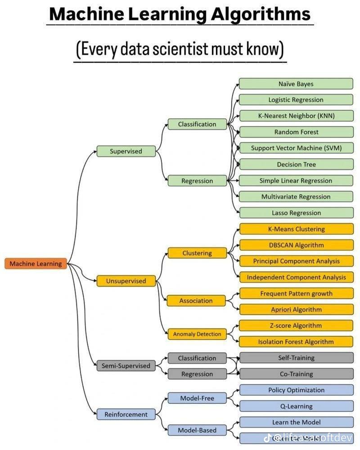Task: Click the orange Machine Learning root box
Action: [36, 264]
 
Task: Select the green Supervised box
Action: [126, 151]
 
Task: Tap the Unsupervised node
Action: [126, 281]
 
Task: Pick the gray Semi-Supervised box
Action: [126, 366]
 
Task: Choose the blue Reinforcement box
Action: [126, 414]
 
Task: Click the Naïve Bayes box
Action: [296, 84]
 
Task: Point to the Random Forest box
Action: [296, 132]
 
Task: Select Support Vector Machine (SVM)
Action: [296, 148]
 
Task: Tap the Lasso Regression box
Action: [296, 213]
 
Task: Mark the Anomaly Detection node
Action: [197, 334]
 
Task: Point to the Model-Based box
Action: [197, 430]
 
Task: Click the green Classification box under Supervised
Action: [197, 124]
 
